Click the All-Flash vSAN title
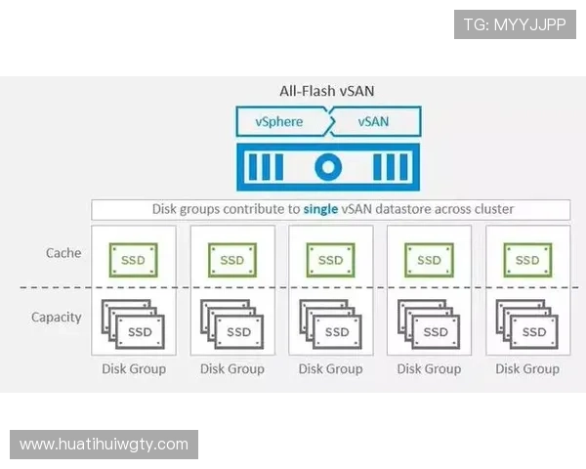[327, 91]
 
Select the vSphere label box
[280, 122]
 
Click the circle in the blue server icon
[329, 167]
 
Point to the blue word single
[322, 209]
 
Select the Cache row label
[63, 253]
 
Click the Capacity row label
[57, 318]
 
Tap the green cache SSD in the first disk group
[133, 260]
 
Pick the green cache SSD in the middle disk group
[330, 260]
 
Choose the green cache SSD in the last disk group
[527, 260]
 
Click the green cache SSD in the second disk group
[231, 260]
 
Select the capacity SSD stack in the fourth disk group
[429, 325]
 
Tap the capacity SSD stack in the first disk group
[133, 325]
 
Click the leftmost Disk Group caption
[134, 368]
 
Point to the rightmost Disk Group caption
[527, 368]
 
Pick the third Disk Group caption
[330, 368]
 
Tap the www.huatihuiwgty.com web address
[105, 445]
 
